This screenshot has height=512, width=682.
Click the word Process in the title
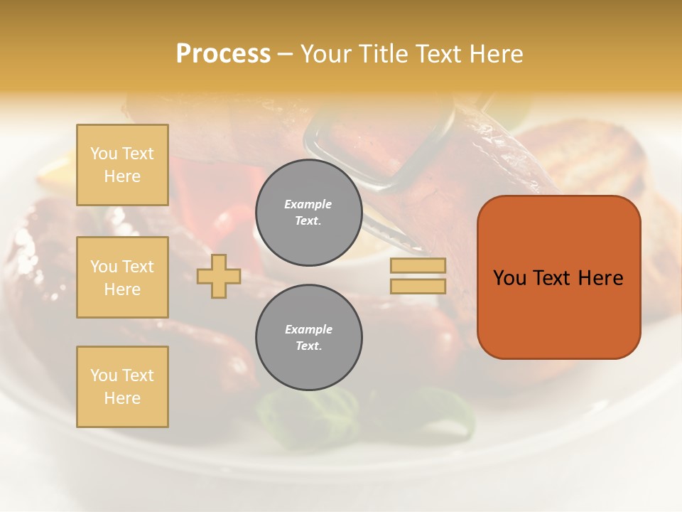(223, 54)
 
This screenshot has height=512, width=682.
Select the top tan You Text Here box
(122, 165)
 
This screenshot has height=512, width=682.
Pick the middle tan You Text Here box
(122, 277)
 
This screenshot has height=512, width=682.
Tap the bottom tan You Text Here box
(122, 387)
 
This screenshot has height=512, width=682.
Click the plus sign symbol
(219, 275)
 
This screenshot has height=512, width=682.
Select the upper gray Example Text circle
(308, 213)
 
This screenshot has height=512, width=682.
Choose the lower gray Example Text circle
(308, 338)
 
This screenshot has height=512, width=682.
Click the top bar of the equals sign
(418, 266)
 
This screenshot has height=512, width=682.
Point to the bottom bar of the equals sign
(418, 286)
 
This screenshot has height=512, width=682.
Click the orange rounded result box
(558, 277)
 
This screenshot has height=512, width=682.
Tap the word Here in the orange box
(600, 278)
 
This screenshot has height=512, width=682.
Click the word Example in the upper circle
(308, 204)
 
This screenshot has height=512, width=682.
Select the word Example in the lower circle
(308, 329)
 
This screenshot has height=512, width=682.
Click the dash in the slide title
(286, 55)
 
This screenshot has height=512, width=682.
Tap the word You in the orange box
(509, 278)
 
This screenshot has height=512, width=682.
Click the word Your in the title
(327, 54)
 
